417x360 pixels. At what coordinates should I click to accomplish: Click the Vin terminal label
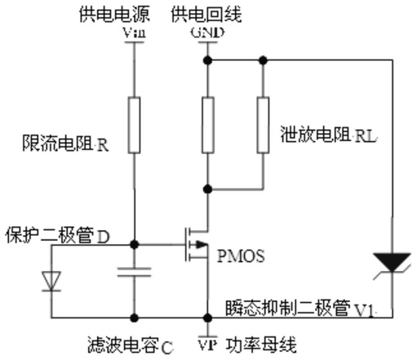coord(135,33)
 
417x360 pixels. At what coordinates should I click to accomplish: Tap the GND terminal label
coord(207,33)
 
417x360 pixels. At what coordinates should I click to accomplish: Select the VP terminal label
coord(207,344)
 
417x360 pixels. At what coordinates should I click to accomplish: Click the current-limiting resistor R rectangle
coord(134,125)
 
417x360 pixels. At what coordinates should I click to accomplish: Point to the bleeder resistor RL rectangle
coord(263,125)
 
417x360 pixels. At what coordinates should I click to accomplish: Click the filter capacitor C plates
coord(134,272)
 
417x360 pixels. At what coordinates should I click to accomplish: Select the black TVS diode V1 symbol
coord(392,264)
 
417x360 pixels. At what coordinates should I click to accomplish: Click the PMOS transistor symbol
coord(197,244)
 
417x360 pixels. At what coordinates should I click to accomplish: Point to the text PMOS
coord(241,256)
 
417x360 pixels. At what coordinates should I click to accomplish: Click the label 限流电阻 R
coord(65,144)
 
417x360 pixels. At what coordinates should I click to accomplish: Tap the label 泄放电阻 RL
coord(329,135)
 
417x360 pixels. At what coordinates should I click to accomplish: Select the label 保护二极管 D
coord(58,235)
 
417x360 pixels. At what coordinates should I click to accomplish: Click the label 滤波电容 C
coord(131,345)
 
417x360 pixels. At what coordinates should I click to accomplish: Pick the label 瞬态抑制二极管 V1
coord(299,309)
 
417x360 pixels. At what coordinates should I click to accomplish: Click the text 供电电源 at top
coord(114,14)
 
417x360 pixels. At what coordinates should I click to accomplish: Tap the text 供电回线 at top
coord(206,14)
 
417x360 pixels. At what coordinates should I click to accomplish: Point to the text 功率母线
coord(261,344)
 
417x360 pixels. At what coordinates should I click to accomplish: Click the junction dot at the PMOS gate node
coord(134,245)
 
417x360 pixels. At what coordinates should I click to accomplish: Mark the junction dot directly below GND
coord(207,60)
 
